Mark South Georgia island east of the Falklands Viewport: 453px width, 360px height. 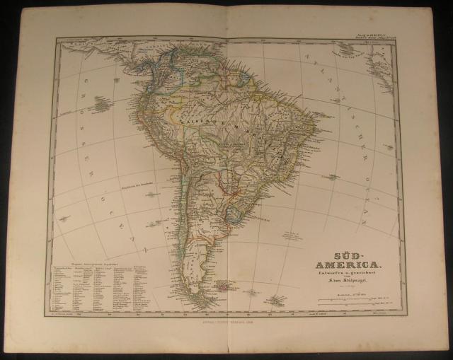click(x=274, y=301)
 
